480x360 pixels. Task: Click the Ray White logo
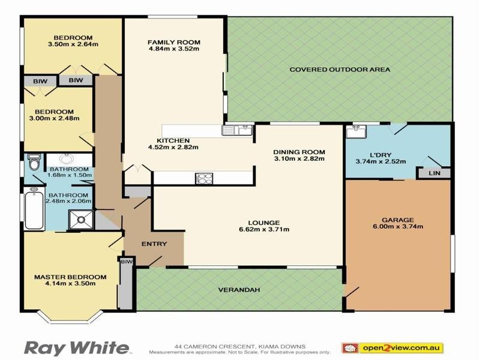coord(76,347)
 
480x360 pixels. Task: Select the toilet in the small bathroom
coord(35,163)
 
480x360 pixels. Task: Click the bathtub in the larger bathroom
coord(34,210)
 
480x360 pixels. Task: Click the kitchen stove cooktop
coord(203,178)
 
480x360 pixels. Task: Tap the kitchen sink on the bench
coord(238,130)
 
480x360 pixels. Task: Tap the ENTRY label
coord(154,244)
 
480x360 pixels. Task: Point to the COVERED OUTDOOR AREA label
coord(340,70)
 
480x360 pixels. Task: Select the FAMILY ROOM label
coord(173,42)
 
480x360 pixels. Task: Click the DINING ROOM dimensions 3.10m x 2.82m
coord(299,159)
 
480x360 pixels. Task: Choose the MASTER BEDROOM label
coord(70,277)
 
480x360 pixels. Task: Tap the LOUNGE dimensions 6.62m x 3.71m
coord(264,230)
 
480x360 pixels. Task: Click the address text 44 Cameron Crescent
coord(240,346)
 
